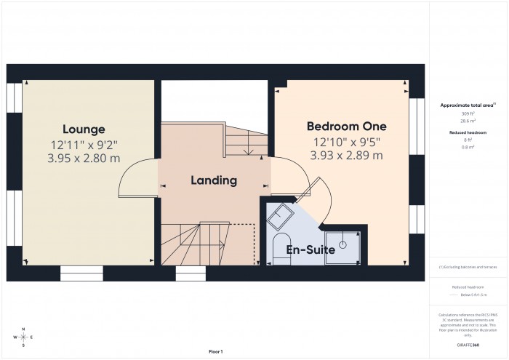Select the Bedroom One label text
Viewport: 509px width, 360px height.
pos(346,127)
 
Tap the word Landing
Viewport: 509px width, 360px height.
pos(214,180)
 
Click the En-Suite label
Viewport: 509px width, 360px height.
pos(310,249)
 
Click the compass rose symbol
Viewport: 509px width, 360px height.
pos(23,337)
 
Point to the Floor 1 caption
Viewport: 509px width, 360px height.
pos(215,351)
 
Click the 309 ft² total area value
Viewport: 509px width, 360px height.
pos(468,113)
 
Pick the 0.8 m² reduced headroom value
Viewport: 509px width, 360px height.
pos(468,147)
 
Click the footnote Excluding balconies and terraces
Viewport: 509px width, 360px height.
pos(468,267)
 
